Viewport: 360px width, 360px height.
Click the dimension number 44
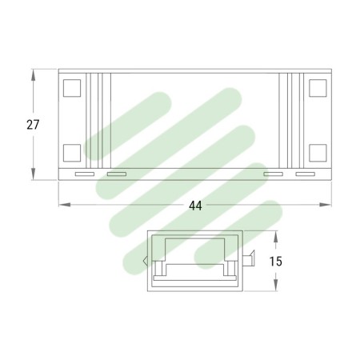(x=195, y=206)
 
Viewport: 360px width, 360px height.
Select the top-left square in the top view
(x=70, y=88)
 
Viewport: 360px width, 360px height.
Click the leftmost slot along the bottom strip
(x=83, y=174)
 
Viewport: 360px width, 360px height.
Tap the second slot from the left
(x=117, y=174)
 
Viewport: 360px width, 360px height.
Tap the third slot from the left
(x=273, y=174)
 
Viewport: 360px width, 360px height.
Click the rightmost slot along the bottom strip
(x=306, y=174)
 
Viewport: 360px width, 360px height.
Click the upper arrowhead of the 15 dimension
(x=276, y=236)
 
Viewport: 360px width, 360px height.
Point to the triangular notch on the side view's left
(x=145, y=259)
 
